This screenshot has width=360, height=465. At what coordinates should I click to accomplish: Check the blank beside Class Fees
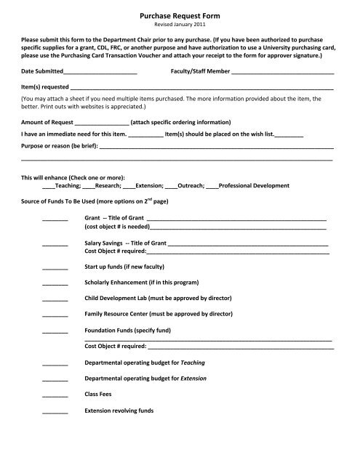pos(55,395)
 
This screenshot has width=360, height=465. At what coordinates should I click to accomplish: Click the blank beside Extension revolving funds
pos(55,411)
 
